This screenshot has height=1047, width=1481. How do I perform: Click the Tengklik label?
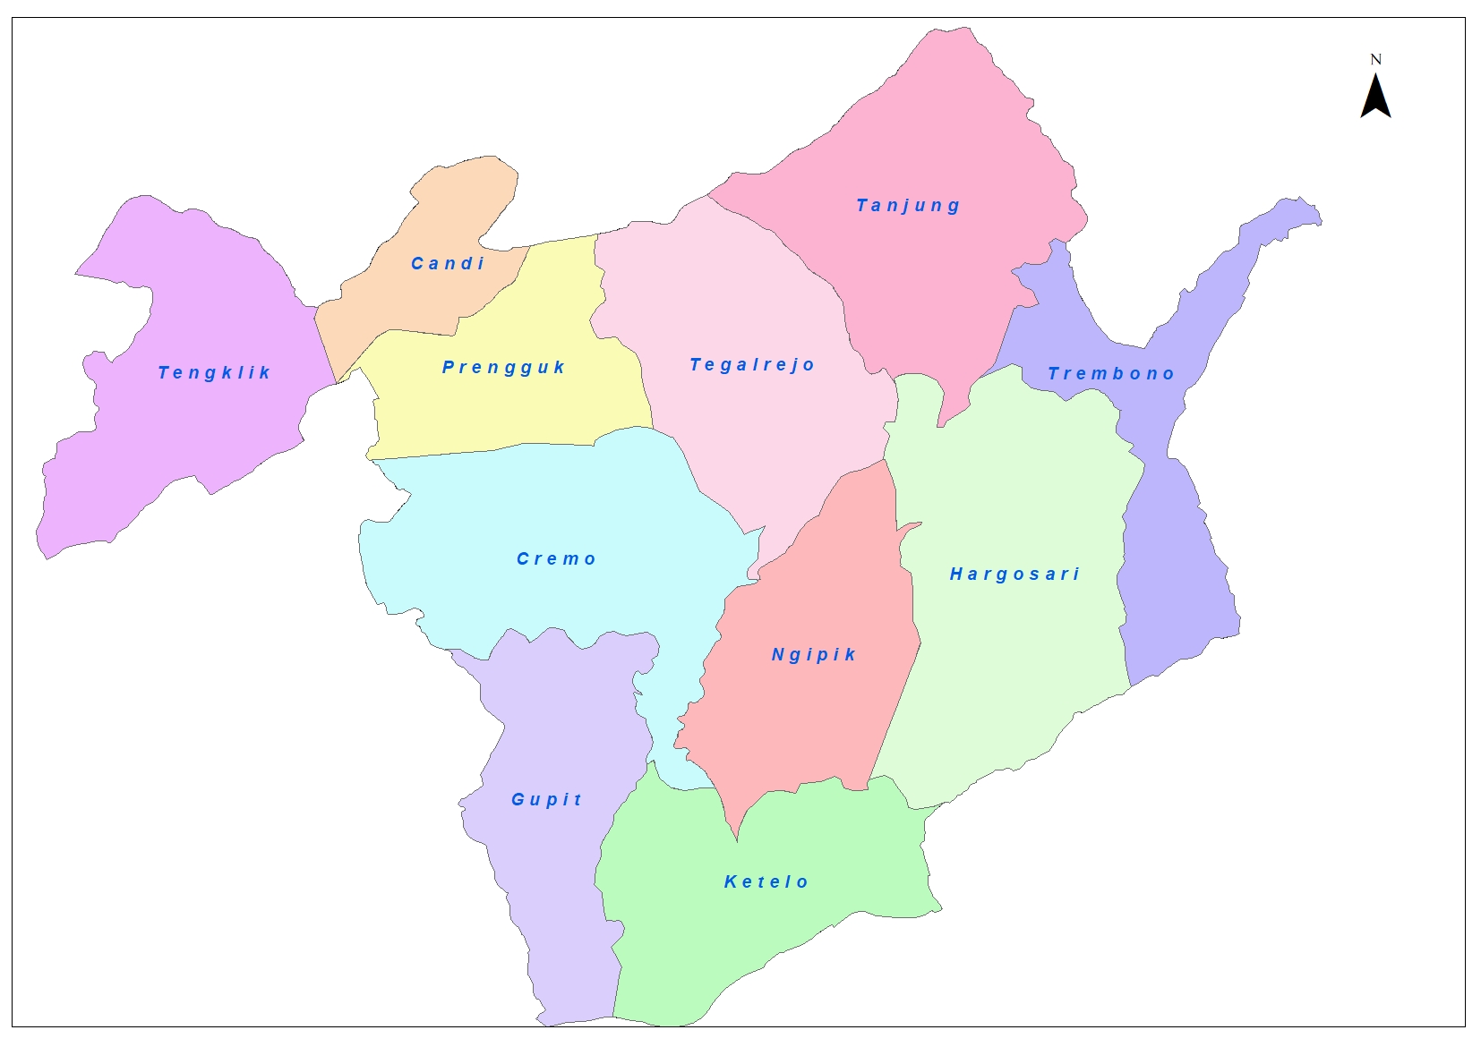214,373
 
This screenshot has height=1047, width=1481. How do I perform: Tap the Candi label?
448,264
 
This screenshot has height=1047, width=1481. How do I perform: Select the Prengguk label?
503,368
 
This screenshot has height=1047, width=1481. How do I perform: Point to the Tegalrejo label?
752,365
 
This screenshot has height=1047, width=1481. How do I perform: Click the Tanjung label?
908,206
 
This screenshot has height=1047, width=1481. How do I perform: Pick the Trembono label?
1110,374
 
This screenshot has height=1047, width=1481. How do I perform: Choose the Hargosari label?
1014,575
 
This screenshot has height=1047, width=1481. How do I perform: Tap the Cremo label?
556,559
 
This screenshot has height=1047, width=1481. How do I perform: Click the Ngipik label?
814,655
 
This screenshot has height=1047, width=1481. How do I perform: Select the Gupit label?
546,800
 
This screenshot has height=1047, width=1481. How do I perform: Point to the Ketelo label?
766,882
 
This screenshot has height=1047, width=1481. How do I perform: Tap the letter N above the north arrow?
1376,60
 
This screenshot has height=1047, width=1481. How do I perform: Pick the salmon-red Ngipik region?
806,716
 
